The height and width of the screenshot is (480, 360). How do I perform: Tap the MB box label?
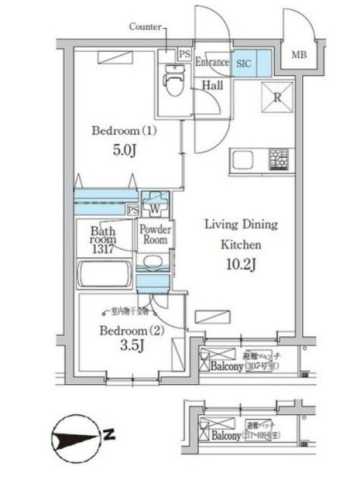[x=299, y=56]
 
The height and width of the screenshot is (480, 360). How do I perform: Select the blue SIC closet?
[x=244, y=62]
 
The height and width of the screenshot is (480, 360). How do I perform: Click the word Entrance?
[x=213, y=62]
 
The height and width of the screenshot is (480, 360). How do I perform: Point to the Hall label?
[x=213, y=86]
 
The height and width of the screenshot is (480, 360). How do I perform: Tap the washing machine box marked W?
[x=156, y=209]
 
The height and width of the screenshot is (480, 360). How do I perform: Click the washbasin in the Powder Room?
[x=152, y=264]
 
